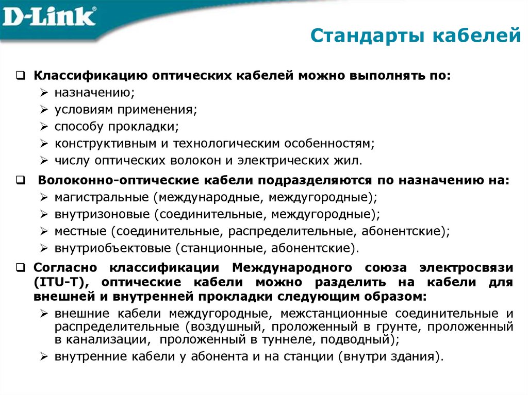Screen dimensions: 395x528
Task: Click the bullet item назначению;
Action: pos(94,93)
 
